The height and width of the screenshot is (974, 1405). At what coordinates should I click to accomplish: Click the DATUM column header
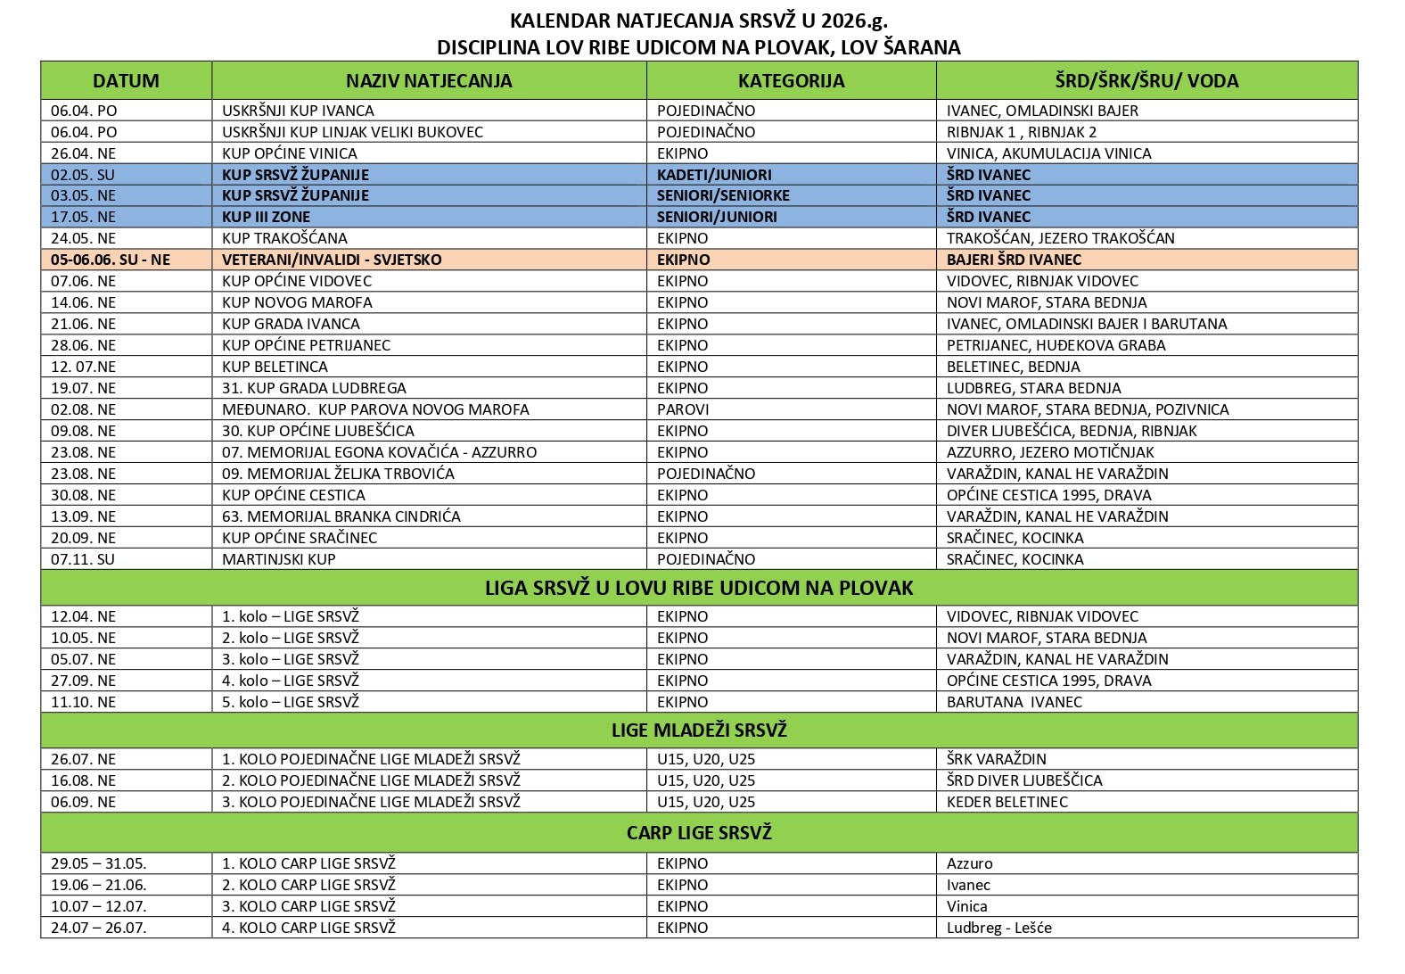tap(126, 81)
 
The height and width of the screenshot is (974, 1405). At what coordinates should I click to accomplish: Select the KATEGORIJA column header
tap(791, 81)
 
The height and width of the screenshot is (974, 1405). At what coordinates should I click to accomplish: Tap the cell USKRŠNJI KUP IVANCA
tap(298, 111)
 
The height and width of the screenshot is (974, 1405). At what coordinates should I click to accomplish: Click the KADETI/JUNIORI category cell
tap(714, 175)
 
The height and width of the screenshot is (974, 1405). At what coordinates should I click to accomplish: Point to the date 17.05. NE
tap(84, 217)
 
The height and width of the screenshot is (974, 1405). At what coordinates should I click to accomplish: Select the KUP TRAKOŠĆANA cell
tap(284, 238)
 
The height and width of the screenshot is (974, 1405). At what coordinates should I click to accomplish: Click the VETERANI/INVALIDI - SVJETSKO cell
tap(332, 260)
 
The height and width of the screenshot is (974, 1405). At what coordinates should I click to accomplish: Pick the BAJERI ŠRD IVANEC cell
tap(1014, 260)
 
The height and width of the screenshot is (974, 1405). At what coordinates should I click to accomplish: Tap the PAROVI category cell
tap(683, 409)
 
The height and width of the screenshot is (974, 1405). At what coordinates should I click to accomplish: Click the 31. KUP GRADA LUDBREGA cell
tap(314, 388)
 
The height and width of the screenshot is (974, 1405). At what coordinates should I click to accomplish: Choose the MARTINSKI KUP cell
tap(279, 559)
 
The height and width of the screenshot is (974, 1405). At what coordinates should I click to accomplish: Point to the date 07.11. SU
tap(83, 559)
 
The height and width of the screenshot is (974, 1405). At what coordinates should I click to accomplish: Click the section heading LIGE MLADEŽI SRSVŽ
tap(699, 730)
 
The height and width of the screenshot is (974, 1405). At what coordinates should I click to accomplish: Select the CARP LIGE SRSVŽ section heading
tap(699, 833)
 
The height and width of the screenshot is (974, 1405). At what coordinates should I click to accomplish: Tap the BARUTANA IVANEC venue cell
tap(1014, 702)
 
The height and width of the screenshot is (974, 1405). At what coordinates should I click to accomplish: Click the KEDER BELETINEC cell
tap(1007, 802)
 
